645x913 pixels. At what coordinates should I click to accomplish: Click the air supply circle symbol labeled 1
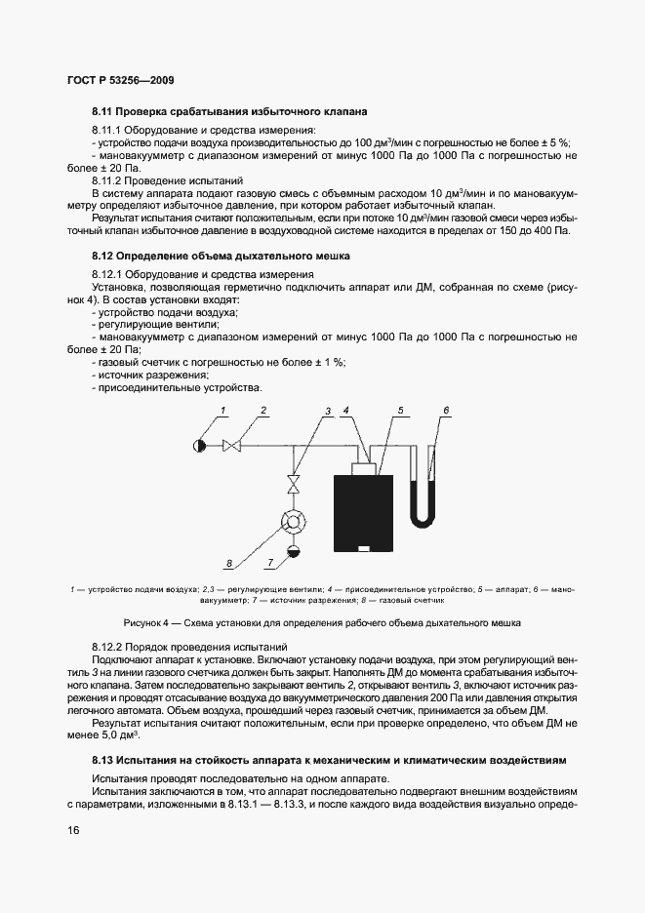point(199,446)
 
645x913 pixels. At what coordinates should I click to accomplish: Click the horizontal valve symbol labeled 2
point(232,446)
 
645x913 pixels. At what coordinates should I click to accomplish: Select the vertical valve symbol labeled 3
point(290,484)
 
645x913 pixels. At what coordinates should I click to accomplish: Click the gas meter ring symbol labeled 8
point(290,523)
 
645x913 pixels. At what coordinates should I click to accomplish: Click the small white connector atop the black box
point(365,468)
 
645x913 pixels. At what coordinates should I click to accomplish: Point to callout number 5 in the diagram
point(399,411)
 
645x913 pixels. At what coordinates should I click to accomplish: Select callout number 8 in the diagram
point(228,563)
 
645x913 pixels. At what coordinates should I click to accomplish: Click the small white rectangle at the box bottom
point(364,548)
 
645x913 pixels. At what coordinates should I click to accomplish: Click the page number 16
point(74,829)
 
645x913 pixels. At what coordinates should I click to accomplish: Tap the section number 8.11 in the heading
point(104,112)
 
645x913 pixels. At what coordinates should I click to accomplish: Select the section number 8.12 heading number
point(104,256)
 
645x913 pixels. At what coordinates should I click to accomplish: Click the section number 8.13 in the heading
point(104,759)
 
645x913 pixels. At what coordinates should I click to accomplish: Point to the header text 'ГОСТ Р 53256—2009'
point(121,80)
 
